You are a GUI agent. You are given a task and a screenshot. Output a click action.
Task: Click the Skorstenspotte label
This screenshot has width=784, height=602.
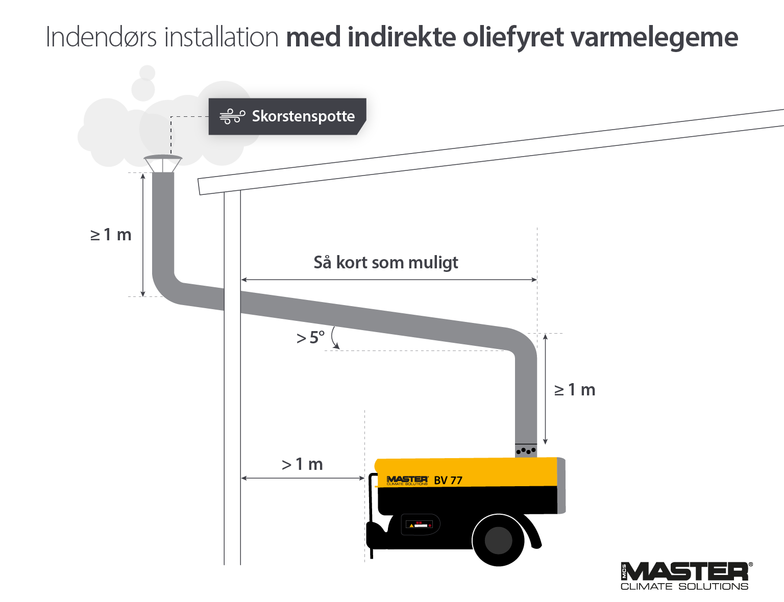coord(303,116)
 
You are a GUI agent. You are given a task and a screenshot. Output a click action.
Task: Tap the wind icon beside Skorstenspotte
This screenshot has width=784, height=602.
coord(232,116)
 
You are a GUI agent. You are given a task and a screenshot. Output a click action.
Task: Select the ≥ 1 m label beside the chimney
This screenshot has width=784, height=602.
coord(111,235)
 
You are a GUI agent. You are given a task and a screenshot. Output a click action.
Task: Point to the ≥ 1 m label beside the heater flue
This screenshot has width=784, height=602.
coord(575,390)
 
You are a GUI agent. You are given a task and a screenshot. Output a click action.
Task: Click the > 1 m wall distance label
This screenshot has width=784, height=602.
coord(303,464)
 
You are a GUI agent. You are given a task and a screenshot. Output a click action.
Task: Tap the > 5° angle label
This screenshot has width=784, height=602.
coord(310,338)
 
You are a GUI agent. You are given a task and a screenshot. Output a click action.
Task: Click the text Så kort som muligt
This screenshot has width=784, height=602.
coord(386,262)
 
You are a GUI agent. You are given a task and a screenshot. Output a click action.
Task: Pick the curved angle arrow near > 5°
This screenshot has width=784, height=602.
coord(334,338)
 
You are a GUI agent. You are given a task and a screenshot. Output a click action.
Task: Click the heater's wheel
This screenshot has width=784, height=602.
coord(498,540)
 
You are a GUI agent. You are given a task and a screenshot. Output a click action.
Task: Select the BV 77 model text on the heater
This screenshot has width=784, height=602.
coord(448,480)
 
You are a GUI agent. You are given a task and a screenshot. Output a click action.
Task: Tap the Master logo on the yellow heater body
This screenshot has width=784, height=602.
coord(407,480)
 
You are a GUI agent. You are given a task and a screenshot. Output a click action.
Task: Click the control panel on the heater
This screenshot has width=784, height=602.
coord(420,524)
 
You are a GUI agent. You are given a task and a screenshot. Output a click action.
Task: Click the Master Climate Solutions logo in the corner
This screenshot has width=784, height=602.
coord(686,576)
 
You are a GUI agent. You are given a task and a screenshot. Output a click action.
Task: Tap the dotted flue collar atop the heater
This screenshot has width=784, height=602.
coord(526,450)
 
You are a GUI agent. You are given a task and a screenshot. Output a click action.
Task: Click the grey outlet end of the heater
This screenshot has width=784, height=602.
coord(561,485)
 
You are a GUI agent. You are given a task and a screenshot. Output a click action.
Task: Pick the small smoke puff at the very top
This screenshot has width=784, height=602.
coord(148,72)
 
